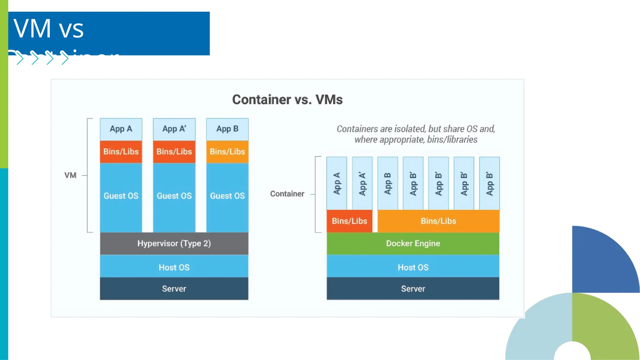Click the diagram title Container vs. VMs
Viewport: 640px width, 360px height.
point(287,100)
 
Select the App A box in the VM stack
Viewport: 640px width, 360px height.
point(121,129)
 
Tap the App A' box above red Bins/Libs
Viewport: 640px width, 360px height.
point(174,129)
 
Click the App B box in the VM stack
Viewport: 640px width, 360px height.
point(227,129)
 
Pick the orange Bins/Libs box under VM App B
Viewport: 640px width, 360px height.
point(227,152)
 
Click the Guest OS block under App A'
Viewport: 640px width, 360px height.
point(174,196)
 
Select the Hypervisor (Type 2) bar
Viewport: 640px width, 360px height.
point(174,243)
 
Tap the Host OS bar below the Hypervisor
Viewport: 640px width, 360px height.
point(174,267)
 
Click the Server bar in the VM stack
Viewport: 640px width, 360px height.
point(174,289)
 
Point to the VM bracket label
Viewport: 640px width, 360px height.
point(70,175)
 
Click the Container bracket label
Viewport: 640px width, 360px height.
point(287,194)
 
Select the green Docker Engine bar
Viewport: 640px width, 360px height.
point(413,243)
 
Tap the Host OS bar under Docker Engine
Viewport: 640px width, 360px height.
point(413,267)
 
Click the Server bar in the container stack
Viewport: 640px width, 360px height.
point(413,289)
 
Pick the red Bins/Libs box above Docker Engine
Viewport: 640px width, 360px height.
point(349,221)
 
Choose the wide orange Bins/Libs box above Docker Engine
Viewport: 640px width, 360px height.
point(438,221)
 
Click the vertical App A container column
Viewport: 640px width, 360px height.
point(337,183)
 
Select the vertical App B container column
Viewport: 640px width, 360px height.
point(387,183)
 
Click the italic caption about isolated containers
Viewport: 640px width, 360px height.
point(416,134)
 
